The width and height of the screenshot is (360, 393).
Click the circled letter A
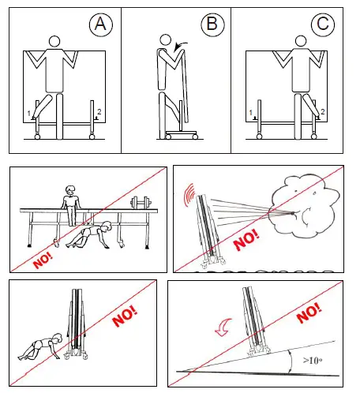[101, 24]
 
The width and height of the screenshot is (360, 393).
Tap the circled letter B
[212, 24]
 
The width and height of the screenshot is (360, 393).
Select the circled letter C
[323, 24]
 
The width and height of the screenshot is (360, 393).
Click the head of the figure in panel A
[54, 41]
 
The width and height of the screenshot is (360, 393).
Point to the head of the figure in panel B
[165, 40]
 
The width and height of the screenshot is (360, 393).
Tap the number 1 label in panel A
[29, 114]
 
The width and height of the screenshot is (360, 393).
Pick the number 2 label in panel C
[322, 111]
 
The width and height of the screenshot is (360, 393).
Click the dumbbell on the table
[141, 203]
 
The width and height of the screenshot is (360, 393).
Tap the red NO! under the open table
[43, 260]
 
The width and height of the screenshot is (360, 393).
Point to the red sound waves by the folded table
[189, 194]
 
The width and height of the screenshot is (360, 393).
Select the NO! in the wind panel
[246, 239]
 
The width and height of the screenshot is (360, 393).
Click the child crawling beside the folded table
[40, 347]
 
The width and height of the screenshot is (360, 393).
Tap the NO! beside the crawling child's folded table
[125, 316]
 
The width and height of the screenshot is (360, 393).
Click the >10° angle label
[313, 360]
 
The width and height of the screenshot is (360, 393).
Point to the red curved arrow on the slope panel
[223, 327]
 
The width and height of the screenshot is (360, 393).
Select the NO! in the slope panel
[309, 313]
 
